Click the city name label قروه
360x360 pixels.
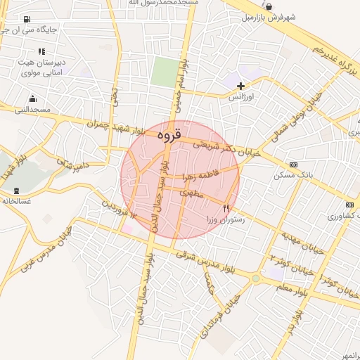point(169,132)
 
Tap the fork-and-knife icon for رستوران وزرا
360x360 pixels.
point(226,208)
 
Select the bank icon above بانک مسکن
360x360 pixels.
point(293,164)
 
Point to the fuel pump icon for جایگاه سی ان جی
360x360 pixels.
point(27,20)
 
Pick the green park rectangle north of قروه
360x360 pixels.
point(165,72)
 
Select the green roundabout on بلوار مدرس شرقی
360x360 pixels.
point(255,278)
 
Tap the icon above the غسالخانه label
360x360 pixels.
point(16,191)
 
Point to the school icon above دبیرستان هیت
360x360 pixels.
point(41,51)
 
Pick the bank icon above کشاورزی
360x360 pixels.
point(349,205)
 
